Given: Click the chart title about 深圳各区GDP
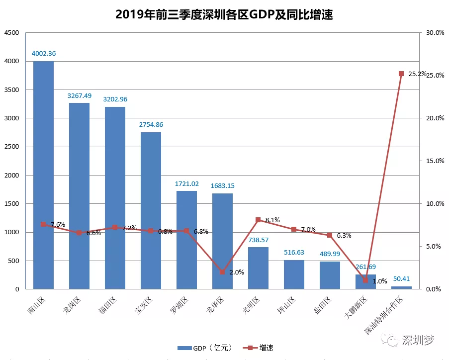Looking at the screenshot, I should point(224,14).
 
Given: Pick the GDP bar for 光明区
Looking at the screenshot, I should point(258,268).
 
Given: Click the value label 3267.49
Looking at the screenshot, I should point(79,95).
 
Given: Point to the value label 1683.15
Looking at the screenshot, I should point(222,186).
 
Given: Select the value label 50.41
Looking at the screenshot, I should point(401,279).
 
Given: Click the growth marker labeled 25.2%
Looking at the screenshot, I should point(401,74).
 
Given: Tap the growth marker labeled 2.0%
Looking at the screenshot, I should point(222,272).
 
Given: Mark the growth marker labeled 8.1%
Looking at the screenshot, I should point(258,220).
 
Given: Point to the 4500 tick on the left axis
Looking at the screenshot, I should point(11,33).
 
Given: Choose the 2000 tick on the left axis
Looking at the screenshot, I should point(11,176).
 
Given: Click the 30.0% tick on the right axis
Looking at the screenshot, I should point(435,33).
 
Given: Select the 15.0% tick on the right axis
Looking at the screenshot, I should point(435,161).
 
